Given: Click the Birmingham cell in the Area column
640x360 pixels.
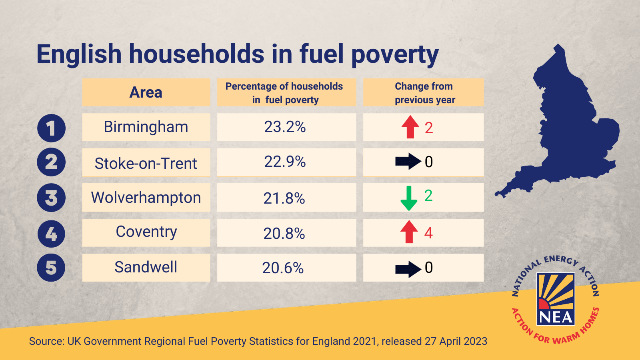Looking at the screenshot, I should coord(146,127).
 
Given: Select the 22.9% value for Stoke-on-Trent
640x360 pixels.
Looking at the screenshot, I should coord(285,162).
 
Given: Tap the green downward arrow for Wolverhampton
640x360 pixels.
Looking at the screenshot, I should coord(409,198).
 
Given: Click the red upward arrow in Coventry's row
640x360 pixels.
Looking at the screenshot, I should coord(409,232).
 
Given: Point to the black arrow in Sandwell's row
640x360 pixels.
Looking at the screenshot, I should coord(408,269).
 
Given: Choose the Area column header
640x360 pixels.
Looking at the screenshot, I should coord(146,92).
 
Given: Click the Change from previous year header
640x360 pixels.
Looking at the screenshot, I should coord(424,93).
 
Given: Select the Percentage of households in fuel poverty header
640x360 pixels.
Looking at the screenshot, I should coord(284,93).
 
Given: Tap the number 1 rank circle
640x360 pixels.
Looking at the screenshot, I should coord(51,128).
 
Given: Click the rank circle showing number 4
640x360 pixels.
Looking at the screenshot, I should coord(51,234).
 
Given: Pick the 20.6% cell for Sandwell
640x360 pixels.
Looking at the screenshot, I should coord(283,268).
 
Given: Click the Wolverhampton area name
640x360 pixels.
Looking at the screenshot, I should coord(146,198).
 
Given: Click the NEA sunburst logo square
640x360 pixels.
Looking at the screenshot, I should coord(556,298).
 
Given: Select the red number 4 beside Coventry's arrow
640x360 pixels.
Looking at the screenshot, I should coord(428,233).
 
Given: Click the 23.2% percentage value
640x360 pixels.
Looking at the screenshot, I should coord(285,127).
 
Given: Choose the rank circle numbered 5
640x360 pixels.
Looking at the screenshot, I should coord(51,268).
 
